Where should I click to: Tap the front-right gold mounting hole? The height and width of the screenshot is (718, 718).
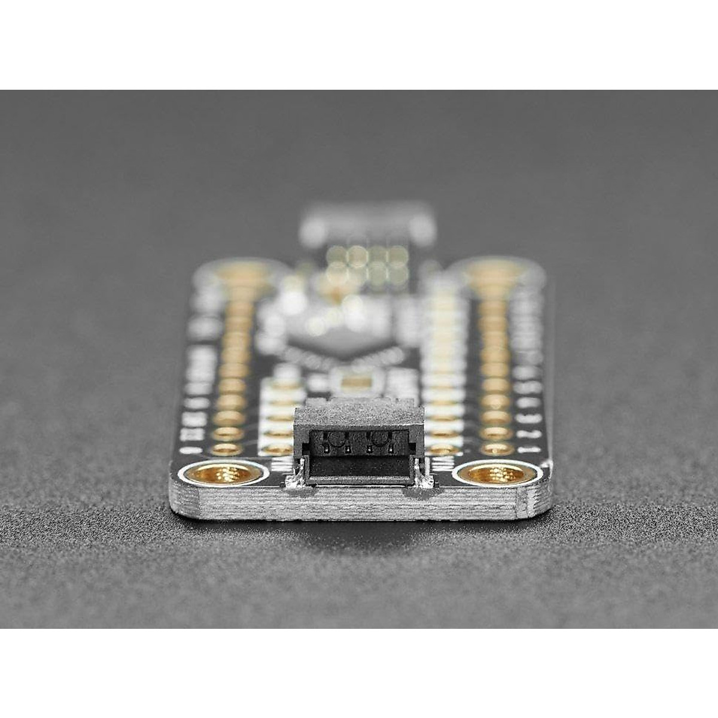pyautogui.click(x=496, y=474)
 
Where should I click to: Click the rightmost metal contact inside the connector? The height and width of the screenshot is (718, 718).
pyautogui.click(x=392, y=448)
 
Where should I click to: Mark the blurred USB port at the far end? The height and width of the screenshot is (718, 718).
pyautogui.click(x=366, y=224)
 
